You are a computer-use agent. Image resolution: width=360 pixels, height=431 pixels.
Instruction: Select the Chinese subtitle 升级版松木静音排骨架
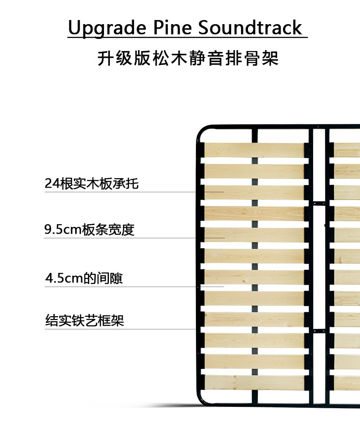pos(187,59)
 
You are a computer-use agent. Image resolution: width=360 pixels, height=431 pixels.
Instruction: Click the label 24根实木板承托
pos(92,184)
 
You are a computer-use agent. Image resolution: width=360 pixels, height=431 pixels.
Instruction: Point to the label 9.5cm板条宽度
pos(89,230)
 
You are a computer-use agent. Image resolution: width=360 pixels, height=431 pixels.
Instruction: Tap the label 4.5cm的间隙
pos(84,278)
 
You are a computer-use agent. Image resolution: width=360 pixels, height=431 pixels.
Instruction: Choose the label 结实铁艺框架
pos(85,321)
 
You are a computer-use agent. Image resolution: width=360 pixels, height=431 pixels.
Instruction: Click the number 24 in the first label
pos(51,184)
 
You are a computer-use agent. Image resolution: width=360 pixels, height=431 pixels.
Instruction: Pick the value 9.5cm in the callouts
pos(63,230)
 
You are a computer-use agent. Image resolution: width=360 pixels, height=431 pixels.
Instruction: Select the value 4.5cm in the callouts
pos(64,278)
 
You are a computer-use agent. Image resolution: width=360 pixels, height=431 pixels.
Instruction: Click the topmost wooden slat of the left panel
pos(254,150)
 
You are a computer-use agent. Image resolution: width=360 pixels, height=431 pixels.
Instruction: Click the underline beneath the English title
pos(187,37)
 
